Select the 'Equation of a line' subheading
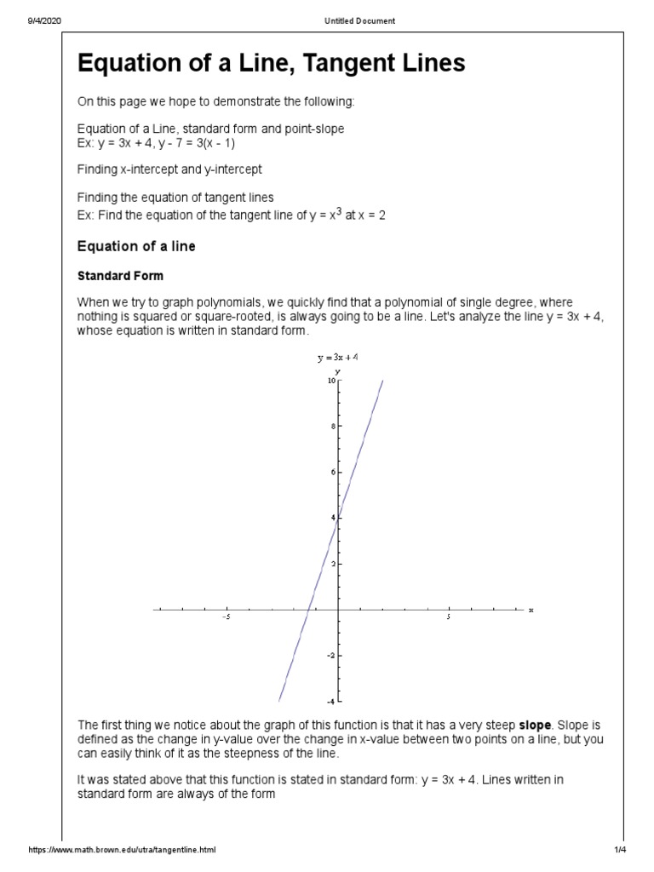[136, 246]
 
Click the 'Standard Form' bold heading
[120, 276]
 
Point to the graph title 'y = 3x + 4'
[337, 358]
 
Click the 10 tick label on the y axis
[331, 380]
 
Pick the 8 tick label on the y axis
[334, 426]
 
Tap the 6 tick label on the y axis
[334, 472]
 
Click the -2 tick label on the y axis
[332, 656]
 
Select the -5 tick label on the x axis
[225, 618]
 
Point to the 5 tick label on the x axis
[448, 618]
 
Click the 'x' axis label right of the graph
[531, 610]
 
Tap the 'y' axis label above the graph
[338, 371]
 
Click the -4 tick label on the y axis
[332, 702]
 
